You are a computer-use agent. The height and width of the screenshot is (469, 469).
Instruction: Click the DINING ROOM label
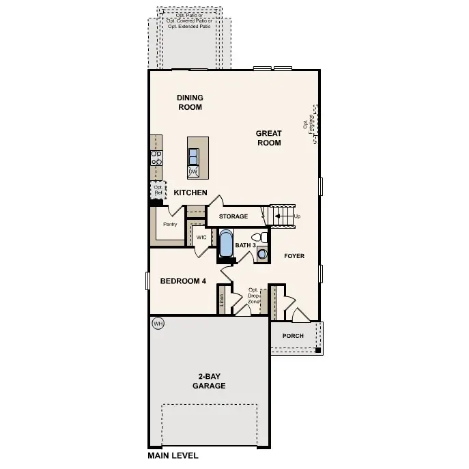[x=190, y=102]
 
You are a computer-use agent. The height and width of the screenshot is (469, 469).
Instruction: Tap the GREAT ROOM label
[x=269, y=138]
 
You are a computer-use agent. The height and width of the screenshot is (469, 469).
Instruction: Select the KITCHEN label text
[x=190, y=193]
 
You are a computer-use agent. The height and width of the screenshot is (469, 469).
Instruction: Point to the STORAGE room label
[x=233, y=217]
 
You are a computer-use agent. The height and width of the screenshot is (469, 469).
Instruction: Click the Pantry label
[x=170, y=224]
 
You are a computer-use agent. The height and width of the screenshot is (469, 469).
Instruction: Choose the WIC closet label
[x=201, y=238]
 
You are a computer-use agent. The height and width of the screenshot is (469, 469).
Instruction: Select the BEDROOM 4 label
[x=183, y=281]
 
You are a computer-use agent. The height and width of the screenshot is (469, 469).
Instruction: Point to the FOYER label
[x=294, y=256]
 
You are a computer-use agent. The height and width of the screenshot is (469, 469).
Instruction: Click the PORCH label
[x=293, y=336]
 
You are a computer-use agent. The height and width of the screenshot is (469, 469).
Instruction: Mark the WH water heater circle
[x=158, y=324]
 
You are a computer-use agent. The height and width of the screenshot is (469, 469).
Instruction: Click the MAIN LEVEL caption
[x=173, y=455]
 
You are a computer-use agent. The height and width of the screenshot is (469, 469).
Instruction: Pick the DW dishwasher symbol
[x=193, y=171]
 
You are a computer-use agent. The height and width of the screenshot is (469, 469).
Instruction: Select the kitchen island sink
[x=194, y=154]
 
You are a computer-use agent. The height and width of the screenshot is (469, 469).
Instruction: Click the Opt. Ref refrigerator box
[x=158, y=190]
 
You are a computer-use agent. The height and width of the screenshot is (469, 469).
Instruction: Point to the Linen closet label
[x=222, y=300]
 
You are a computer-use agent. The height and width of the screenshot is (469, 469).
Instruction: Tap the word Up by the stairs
[x=297, y=216]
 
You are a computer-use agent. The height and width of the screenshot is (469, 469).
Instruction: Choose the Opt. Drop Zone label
[x=254, y=295]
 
